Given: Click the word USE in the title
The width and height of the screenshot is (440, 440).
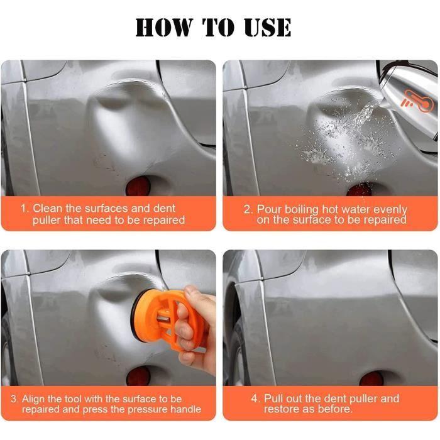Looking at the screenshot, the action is pos(267,27).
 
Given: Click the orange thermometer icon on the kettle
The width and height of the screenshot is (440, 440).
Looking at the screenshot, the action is pos(417,101).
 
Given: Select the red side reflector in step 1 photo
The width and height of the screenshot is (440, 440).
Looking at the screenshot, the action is pos(138,186).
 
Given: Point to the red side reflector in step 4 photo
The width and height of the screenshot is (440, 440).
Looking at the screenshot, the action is pos(371,378).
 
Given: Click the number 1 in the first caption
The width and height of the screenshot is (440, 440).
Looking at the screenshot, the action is pos(24,209).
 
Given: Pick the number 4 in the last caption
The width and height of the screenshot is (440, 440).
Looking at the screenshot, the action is pos(255,399).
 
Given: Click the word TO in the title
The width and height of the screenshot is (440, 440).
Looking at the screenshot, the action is pos(218,27).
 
